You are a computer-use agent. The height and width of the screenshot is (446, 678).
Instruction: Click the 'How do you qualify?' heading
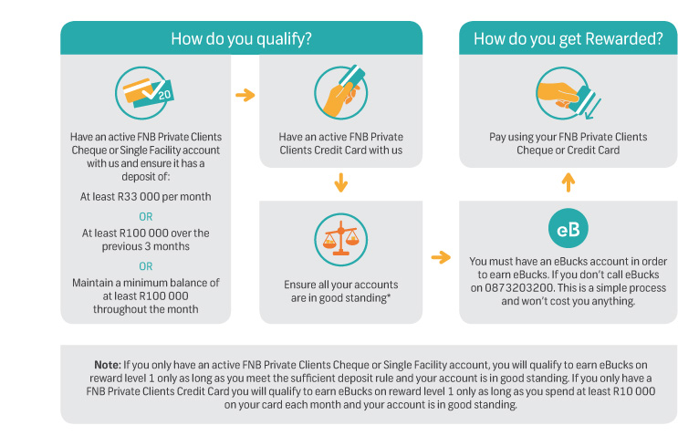click(241, 39)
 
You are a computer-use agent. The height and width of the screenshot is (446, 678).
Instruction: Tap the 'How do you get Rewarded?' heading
click(568, 39)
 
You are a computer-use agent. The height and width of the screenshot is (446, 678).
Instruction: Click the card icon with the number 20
click(144, 93)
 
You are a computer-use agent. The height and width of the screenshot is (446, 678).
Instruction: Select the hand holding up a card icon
click(341, 91)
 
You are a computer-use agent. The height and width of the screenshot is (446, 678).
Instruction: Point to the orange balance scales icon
click(341, 240)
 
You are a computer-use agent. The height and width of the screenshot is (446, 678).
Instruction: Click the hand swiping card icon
click(568, 93)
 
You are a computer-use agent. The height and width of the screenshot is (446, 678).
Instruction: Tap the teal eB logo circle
click(568, 228)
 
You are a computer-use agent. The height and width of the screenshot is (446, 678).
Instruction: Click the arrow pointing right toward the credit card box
click(245, 95)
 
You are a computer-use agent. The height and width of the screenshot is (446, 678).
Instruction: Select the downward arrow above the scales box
click(341, 182)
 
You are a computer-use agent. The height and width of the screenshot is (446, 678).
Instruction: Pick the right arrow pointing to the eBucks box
click(441, 257)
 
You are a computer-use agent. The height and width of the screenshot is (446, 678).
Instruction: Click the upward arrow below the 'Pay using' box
click(568, 182)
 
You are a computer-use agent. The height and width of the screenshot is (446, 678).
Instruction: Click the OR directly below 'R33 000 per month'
click(146, 216)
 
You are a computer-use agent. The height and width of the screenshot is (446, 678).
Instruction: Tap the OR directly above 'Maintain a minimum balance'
click(146, 266)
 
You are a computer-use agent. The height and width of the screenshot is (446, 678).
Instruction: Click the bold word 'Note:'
click(108, 365)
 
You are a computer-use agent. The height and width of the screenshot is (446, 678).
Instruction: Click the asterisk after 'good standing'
click(389, 296)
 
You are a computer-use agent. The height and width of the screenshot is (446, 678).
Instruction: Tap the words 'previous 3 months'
click(146, 246)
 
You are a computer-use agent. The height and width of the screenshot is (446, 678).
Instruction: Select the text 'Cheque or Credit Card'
click(568, 150)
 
